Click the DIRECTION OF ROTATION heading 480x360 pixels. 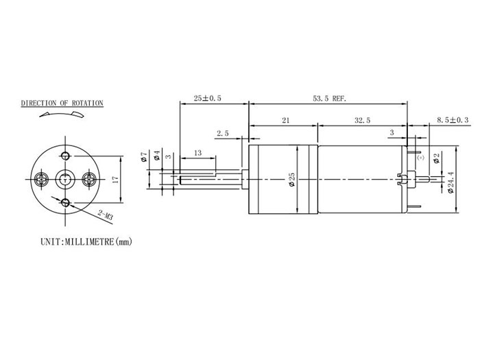[62, 104]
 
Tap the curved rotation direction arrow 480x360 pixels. [62, 117]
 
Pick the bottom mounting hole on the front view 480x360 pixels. [65, 202]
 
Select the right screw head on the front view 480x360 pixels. [89, 179]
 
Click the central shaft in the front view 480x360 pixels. [65, 179]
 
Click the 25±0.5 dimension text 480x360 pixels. [208, 99]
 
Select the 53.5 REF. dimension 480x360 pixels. [330, 99]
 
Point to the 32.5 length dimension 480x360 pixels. [363, 121]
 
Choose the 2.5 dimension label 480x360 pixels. [223, 133]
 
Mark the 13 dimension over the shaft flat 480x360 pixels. [197, 152]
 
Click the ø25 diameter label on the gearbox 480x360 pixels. [292, 180]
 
